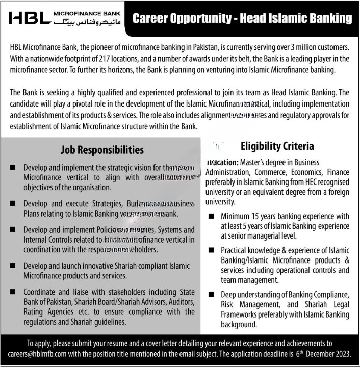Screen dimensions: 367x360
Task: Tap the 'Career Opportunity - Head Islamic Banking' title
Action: click(242, 19)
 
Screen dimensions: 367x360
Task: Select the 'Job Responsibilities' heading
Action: click(102, 150)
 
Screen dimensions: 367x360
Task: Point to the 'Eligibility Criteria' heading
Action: click(284, 147)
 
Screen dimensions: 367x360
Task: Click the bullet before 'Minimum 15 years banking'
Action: click(212, 217)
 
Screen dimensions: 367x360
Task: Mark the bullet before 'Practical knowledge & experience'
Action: click(212, 251)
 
